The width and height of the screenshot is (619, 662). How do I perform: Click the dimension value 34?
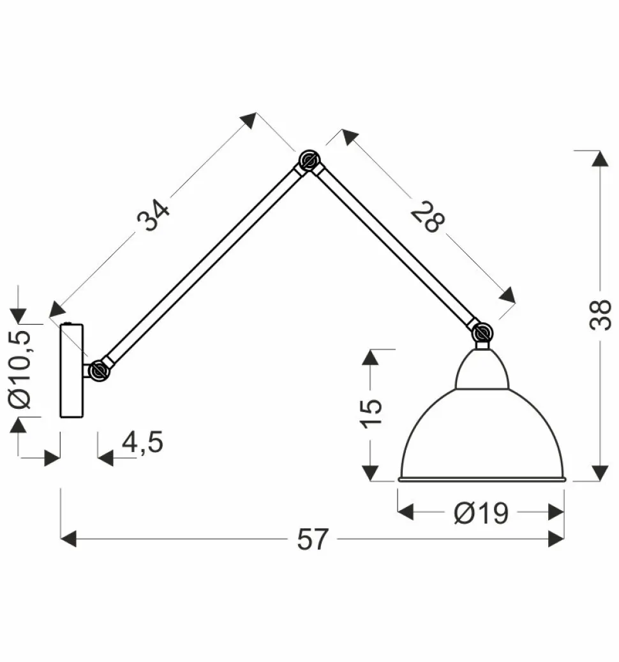[x=153, y=216]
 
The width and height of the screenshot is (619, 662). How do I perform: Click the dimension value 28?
[x=428, y=217]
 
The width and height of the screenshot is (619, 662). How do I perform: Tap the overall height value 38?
[x=600, y=314]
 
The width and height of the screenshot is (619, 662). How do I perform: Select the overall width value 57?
[x=312, y=539]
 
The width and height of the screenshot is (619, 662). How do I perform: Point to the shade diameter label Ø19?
[x=481, y=513]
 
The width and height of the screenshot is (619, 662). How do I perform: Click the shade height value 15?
[x=371, y=413]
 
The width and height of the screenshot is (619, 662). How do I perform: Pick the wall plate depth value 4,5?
[x=142, y=443]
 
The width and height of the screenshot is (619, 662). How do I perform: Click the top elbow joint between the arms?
[x=309, y=161]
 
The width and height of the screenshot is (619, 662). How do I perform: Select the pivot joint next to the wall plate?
[x=98, y=371]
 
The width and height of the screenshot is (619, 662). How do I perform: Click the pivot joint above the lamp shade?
[x=482, y=333]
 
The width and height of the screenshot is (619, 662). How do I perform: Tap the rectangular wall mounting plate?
[x=71, y=371]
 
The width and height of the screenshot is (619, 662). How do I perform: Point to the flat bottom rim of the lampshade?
[x=481, y=479]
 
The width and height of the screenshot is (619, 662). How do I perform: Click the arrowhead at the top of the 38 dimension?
[x=600, y=159]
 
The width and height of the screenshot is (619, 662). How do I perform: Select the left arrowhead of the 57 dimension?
[x=68, y=539]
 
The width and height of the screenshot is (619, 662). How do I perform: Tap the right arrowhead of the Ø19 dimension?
[x=556, y=512]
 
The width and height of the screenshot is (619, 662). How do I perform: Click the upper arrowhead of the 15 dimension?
[x=371, y=358]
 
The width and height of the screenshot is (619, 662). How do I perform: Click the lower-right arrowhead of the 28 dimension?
[x=507, y=295]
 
